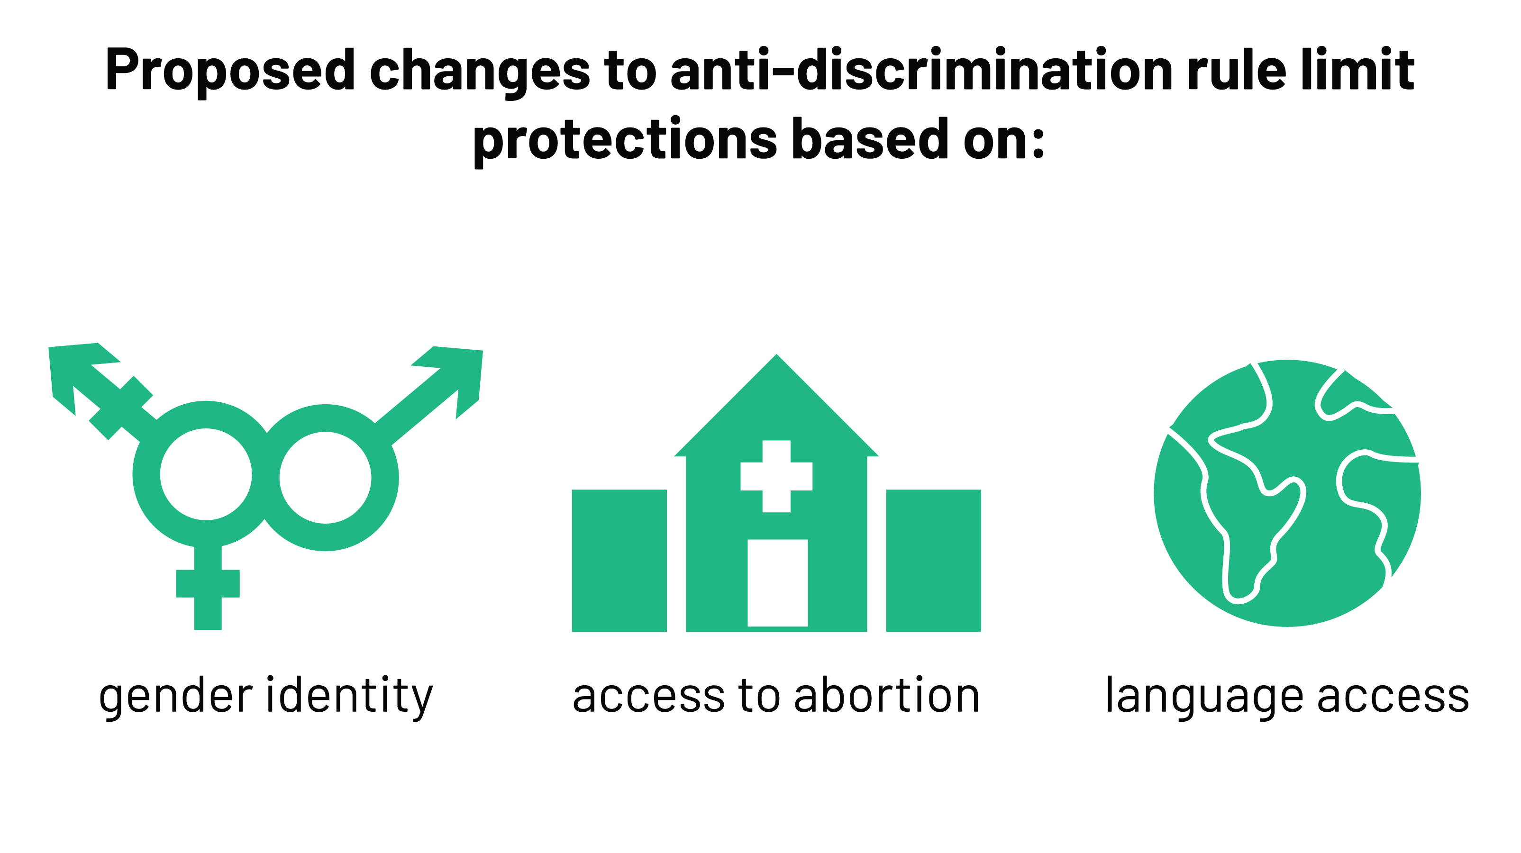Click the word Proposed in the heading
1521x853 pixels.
(x=230, y=71)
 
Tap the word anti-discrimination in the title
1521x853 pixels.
(x=921, y=71)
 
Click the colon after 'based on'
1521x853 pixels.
(x=1038, y=142)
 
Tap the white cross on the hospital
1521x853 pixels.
(x=776, y=476)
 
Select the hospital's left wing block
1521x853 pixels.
(x=619, y=560)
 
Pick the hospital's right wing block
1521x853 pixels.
(x=933, y=560)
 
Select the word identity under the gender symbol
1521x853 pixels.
(x=349, y=697)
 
